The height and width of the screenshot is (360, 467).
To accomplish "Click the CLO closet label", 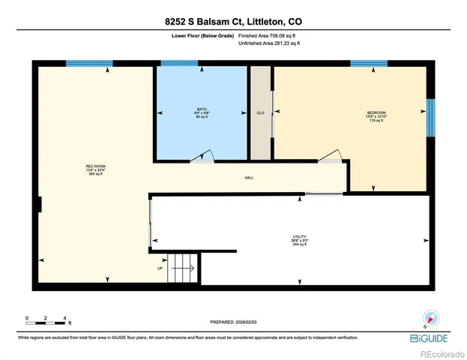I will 260,113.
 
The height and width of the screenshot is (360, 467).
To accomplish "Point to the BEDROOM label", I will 376,114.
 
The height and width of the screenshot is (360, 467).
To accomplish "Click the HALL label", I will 249,178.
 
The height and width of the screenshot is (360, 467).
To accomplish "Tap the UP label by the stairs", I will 160,268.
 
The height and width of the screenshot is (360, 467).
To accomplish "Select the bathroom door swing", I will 203,155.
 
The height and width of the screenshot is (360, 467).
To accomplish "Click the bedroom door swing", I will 331,155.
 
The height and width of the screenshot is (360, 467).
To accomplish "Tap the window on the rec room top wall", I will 84,64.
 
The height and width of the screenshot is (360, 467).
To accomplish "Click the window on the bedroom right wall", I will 430,118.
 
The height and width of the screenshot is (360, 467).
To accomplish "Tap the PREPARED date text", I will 232,320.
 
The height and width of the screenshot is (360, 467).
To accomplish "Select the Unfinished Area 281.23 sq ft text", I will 268,43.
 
